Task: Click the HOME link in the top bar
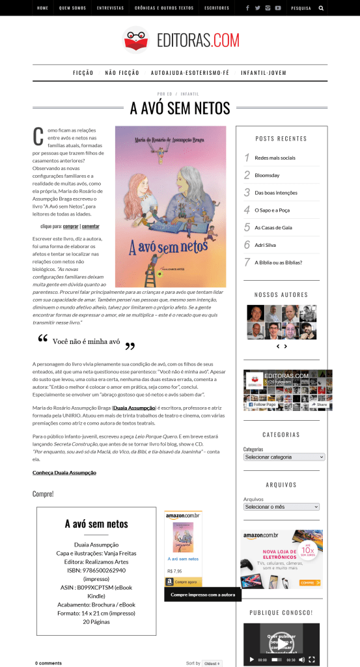(x=43, y=8)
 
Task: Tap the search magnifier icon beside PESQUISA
(x=321, y=8)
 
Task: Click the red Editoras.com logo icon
(x=136, y=39)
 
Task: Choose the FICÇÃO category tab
(x=83, y=73)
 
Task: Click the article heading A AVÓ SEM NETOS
(x=180, y=107)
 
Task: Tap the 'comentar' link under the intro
(x=90, y=226)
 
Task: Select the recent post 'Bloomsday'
(x=267, y=175)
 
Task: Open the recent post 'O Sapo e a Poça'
(x=273, y=210)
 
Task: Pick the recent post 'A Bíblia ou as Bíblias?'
(x=278, y=263)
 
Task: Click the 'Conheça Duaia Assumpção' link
(x=64, y=472)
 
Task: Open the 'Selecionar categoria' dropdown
(x=281, y=457)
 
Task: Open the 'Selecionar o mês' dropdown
(x=281, y=506)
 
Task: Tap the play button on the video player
(x=252, y=659)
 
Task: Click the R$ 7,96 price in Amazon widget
(x=174, y=571)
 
